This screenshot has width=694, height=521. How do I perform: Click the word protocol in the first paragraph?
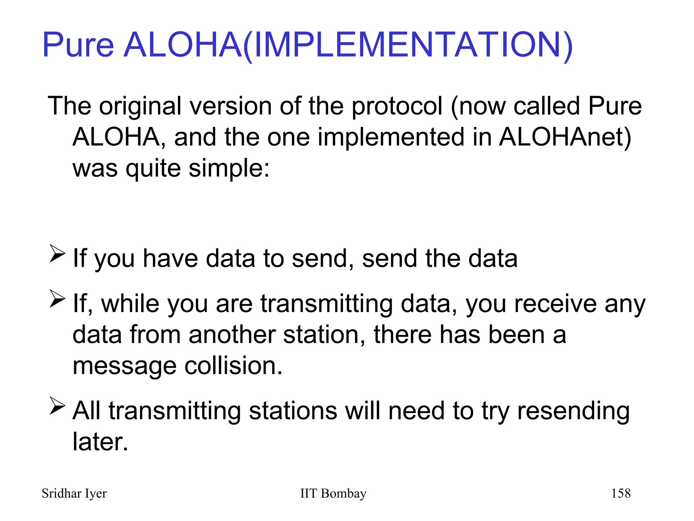point(397,106)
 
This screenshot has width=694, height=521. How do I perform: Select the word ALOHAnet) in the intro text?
point(565,137)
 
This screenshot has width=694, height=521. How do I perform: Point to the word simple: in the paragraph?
point(229,168)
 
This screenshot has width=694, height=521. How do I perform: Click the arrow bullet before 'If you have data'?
point(57,254)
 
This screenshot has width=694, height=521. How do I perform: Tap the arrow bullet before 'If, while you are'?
point(57,299)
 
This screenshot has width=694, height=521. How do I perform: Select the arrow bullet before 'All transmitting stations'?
point(57,406)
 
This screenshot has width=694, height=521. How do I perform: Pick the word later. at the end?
point(100,442)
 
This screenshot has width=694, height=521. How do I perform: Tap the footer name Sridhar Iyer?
point(74,494)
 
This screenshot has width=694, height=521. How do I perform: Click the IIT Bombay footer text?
point(333,494)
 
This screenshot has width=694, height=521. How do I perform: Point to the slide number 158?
point(620,494)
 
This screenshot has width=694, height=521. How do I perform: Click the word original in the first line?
point(140,106)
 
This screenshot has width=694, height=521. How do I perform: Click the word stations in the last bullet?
point(293,411)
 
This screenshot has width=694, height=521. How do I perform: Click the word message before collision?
point(124,366)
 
